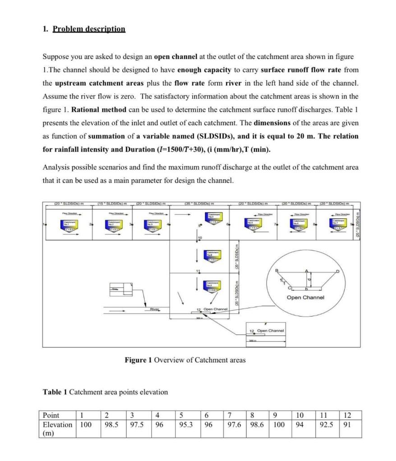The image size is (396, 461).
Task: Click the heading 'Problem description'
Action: [x=89, y=29]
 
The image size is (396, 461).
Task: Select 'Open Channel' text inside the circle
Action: [x=305, y=298]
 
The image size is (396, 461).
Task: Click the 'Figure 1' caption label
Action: [x=138, y=360]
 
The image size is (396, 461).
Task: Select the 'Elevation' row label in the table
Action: [x=57, y=425]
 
